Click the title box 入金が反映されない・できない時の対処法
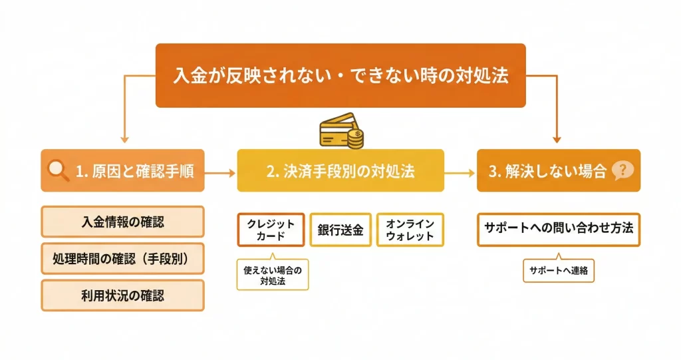(340, 75)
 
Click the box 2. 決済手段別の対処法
(340, 171)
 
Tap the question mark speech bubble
(623, 170)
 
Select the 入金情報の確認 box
(122, 222)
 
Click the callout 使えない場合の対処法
(273, 275)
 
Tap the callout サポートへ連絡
(559, 271)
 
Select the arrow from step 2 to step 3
(458, 172)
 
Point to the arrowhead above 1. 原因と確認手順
(124, 139)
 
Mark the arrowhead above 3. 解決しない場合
(557, 139)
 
